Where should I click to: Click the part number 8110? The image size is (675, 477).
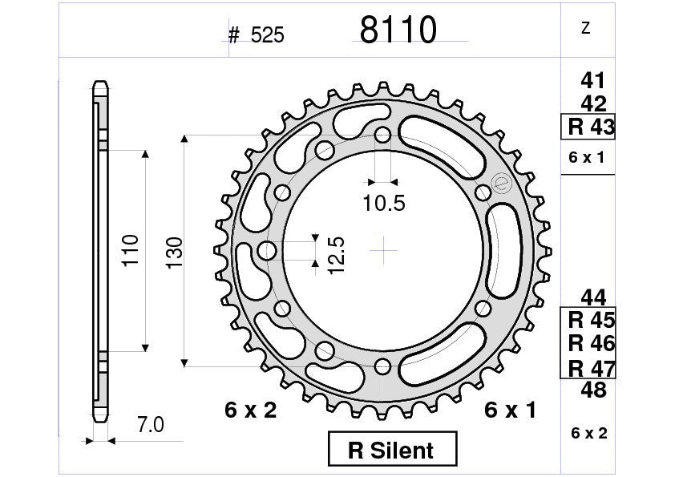[x=398, y=30]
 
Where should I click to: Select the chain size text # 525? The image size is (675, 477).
[x=256, y=35]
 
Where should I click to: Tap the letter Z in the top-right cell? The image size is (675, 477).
[x=585, y=29]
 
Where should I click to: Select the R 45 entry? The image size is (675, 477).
[x=591, y=321]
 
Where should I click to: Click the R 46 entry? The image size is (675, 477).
[x=591, y=344]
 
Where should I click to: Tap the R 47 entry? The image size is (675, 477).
[x=591, y=368]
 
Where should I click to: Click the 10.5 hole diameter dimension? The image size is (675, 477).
[x=383, y=204]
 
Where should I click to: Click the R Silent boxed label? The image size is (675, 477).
[x=392, y=450]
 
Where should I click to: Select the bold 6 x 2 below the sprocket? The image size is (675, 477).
[x=250, y=410]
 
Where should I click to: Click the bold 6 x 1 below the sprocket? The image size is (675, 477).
[x=511, y=410]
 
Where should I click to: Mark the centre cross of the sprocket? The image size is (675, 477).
[x=384, y=250]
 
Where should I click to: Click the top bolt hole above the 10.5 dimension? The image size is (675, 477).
[x=383, y=135]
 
